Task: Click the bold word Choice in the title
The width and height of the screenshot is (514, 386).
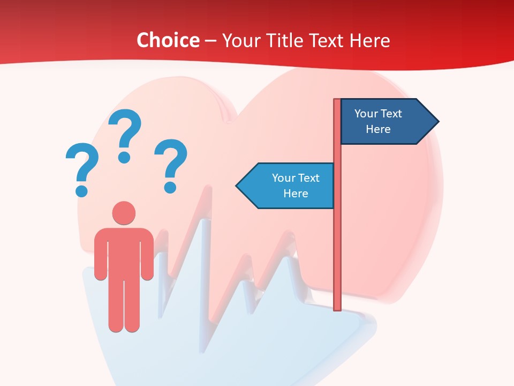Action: (x=168, y=40)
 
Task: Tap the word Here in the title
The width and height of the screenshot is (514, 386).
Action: (x=369, y=40)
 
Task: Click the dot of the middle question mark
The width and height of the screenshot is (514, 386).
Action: (x=124, y=157)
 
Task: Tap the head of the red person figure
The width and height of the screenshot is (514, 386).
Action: (x=124, y=213)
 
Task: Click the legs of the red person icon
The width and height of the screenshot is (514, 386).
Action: (x=124, y=306)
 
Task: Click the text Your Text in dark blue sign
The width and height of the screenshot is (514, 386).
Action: (x=378, y=114)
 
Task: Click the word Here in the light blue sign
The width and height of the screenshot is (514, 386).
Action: (x=296, y=194)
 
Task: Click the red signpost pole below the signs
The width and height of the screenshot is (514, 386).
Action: (x=337, y=257)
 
